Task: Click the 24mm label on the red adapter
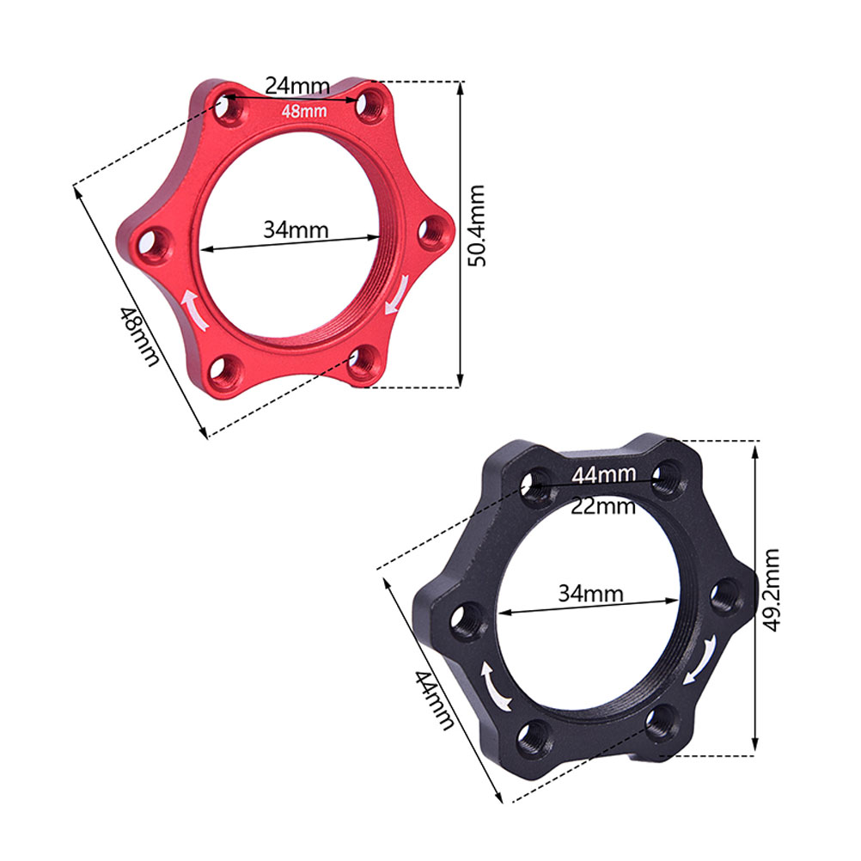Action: [x=297, y=86]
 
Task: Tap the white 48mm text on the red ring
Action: [x=303, y=112]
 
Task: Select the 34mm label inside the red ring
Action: [x=296, y=229]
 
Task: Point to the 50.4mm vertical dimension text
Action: [x=476, y=226]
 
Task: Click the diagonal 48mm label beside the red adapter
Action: [x=139, y=336]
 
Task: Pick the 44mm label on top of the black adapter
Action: [x=604, y=474]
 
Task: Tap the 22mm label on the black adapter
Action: [x=603, y=506]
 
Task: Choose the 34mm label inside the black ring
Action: [x=591, y=594]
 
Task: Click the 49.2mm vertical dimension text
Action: [x=772, y=590]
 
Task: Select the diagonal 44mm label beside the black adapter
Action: [x=434, y=699]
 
